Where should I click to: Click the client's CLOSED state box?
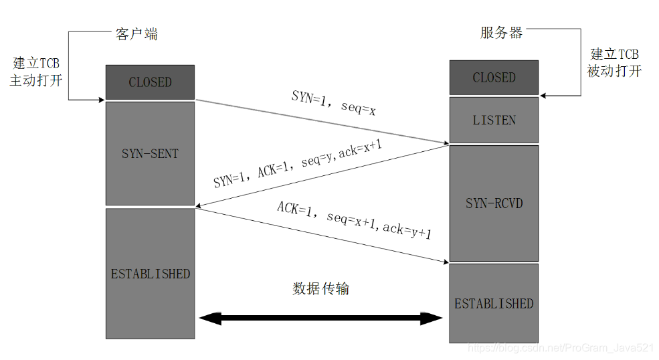click(150, 82)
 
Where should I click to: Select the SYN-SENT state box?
click(150, 153)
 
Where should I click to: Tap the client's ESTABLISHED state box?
click(150, 274)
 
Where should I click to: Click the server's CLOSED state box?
click(494, 78)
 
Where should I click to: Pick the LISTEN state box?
click(494, 120)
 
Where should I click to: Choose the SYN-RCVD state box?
click(494, 203)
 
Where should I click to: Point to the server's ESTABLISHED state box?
click(494, 303)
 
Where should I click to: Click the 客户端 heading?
click(136, 34)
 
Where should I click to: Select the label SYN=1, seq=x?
click(333, 102)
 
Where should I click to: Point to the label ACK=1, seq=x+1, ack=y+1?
click(355, 219)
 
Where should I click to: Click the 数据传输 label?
click(321, 288)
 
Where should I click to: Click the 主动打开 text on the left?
click(36, 80)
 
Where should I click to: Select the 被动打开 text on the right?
click(614, 71)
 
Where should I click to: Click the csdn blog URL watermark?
click(560, 349)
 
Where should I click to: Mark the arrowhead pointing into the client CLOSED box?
click(101, 100)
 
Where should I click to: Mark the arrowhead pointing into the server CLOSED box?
click(544, 96)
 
